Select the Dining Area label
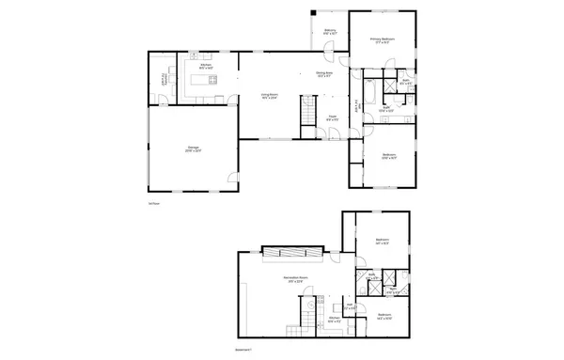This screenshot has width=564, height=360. (323, 75)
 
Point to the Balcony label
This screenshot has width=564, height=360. (330, 32)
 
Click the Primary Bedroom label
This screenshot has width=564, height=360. (382, 40)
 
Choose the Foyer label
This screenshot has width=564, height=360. (332, 118)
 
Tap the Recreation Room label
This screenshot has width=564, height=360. (298, 279)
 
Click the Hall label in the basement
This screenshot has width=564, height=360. (348, 305)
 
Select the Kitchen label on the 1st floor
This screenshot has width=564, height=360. (205, 67)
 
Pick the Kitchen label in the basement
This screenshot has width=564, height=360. (333, 320)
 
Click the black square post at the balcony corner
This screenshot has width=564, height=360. (312, 12)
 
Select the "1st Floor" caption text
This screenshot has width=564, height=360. (153, 202)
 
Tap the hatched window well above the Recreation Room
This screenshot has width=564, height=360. (291, 252)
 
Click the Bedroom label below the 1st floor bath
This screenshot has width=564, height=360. (388, 157)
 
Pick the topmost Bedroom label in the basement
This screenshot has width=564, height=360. (382, 242)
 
